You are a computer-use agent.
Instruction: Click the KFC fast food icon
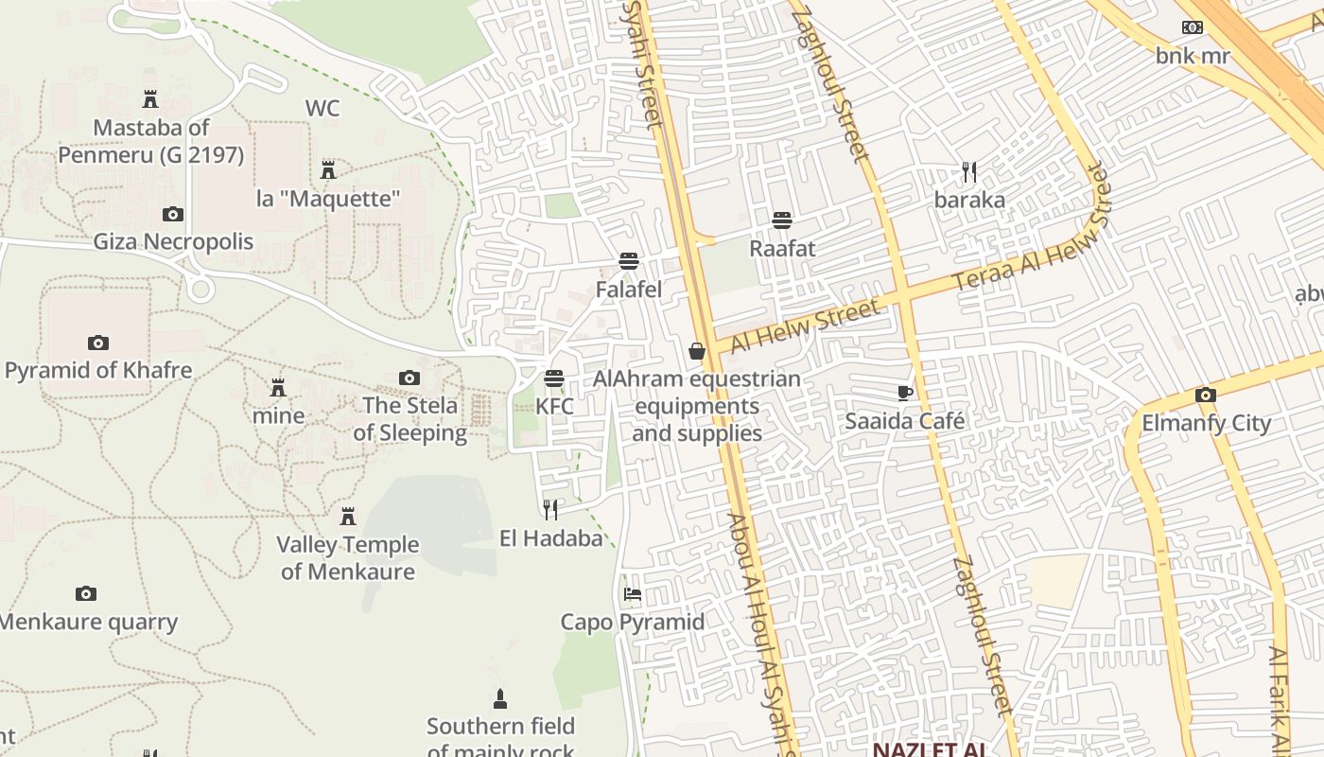(554, 378)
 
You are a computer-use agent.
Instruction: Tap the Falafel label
(629, 290)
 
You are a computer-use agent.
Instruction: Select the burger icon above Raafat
(782, 220)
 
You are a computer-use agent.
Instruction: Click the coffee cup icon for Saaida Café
(905, 393)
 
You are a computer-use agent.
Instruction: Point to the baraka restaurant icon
(969, 171)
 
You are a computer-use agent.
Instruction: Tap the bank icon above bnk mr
(1193, 27)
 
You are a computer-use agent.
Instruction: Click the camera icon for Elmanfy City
(1206, 395)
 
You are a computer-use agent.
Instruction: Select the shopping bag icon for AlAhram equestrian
(697, 351)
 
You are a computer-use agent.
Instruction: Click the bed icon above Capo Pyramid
(633, 594)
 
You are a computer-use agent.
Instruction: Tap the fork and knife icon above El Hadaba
(550, 510)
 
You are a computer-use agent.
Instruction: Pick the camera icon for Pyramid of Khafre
(97, 343)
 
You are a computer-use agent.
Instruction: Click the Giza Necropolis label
(173, 241)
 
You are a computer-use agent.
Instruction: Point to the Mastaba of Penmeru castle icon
(150, 98)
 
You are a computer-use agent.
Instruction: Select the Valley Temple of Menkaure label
(348, 557)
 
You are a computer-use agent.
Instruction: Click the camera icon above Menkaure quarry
(86, 594)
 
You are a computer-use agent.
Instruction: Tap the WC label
(322, 108)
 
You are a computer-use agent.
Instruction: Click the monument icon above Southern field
(500, 699)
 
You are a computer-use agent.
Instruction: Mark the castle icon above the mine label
(278, 388)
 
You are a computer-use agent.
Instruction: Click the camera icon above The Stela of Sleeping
(409, 378)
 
